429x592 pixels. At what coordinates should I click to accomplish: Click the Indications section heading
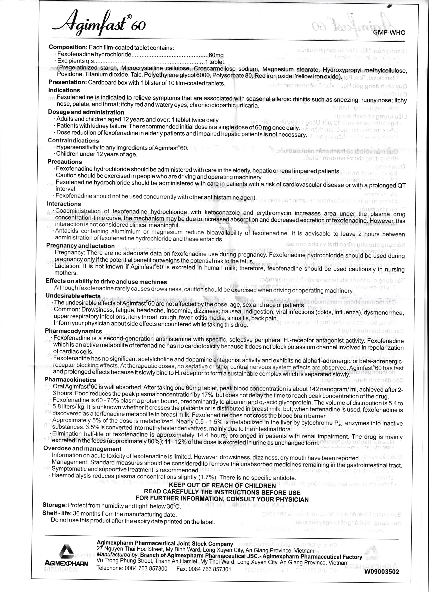click(x=64, y=90)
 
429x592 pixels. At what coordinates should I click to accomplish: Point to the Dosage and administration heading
click(x=86, y=112)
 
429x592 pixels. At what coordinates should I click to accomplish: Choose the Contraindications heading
click(x=73, y=140)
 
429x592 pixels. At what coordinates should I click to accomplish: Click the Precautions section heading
click(x=65, y=162)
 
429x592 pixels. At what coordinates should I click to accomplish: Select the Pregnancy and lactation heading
click(x=80, y=246)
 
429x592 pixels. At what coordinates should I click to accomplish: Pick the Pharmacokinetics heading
click(x=70, y=380)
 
